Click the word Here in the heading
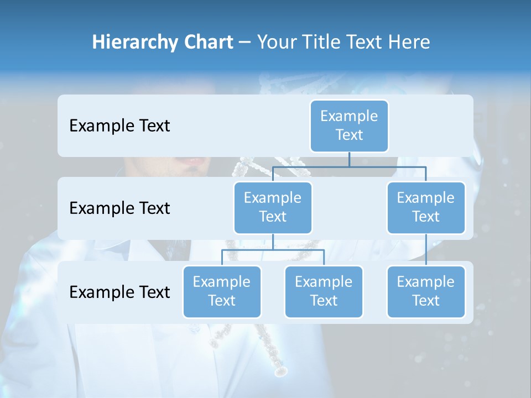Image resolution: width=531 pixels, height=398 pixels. pyautogui.click(x=409, y=43)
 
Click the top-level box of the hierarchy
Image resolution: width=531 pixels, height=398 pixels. pyautogui.click(x=349, y=126)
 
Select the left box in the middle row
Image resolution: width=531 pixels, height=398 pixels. pyautogui.click(x=273, y=208)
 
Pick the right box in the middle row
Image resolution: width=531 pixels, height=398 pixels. pyautogui.click(x=426, y=208)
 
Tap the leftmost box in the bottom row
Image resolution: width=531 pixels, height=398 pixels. pyautogui.click(x=222, y=292)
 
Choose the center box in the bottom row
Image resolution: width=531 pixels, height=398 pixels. pyautogui.click(x=324, y=292)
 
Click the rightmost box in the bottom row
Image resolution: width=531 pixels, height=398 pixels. pyautogui.click(x=426, y=292)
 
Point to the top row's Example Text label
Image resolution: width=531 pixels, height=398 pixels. pyautogui.click(x=119, y=126)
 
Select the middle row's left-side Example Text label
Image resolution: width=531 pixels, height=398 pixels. pyautogui.click(x=119, y=208)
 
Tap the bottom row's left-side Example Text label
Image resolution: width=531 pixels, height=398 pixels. pyautogui.click(x=119, y=292)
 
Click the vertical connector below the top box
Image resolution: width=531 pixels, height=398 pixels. pyautogui.click(x=349, y=159)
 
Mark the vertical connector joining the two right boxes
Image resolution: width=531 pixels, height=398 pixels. pyautogui.click(x=426, y=250)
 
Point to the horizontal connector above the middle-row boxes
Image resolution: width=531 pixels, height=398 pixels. pyautogui.click(x=349, y=166)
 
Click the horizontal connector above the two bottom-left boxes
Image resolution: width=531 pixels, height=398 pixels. pyautogui.click(x=273, y=250)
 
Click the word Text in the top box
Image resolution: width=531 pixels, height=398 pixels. pyautogui.click(x=349, y=135)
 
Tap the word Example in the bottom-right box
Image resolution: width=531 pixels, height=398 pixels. pyautogui.click(x=425, y=282)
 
